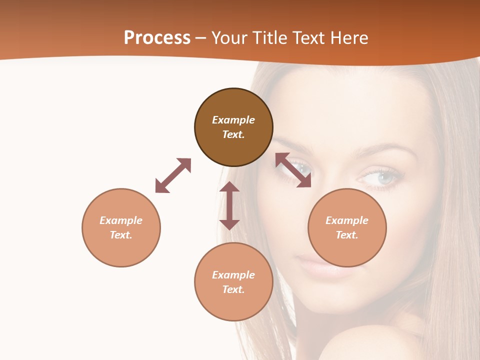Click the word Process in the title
point(157,37)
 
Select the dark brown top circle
point(233,127)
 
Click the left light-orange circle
point(121,227)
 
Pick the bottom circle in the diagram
point(233,282)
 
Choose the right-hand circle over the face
point(347,227)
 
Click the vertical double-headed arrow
point(229,205)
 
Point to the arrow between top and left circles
point(173,175)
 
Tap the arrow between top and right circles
point(293,170)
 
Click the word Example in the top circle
point(233,120)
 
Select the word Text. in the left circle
point(121,235)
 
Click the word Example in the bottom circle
point(233,274)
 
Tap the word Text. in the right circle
point(347,235)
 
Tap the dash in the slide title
point(201,38)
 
